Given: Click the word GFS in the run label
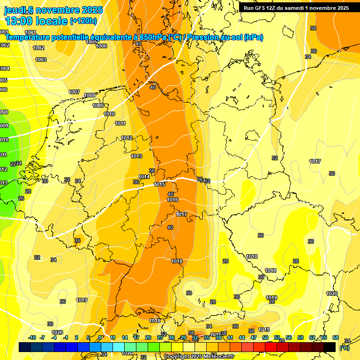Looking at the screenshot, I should pyautogui.click(x=261, y=8).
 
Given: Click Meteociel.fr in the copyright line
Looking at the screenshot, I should pyautogui.click(x=217, y=357).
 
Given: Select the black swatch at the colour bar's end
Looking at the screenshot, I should pyautogui.click(x=330, y=347).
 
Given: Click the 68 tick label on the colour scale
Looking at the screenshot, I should pyautogui.click(x=336, y=337).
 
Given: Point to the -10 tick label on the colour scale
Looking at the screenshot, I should pyautogui.click(x=32, y=337).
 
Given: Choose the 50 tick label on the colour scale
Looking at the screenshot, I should pyautogui.click(x=265, y=337).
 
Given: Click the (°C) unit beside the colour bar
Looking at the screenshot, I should pyautogui.click(x=344, y=347).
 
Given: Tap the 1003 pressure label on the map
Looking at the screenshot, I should pyautogui.click(x=41, y=60).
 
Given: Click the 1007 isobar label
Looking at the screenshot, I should pyautogui.click(x=74, y=92).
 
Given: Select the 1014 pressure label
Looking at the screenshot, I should pyautogui.click(x=144, y=177).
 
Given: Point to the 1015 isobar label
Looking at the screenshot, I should pyautogui.click(x=159, y=185).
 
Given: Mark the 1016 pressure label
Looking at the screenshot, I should pyautogui.click(x=172, y=200).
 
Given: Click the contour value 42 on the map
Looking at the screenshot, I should pyautogui.click(x=207, y=181).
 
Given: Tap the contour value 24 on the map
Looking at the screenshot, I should pyautogui.click(x=19, y=163).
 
